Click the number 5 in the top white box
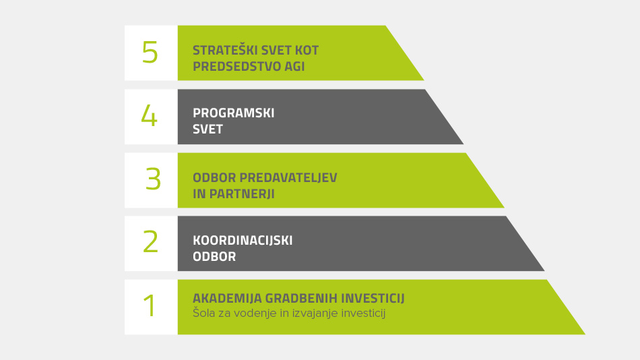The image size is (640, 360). [x=150, y=53]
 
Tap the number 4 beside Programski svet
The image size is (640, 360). [x=149, y=115]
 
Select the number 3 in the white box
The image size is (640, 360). [x=153, y=179]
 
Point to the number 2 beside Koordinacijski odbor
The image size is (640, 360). [x=150, y=241]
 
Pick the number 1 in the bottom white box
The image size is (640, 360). [x=150, y=305]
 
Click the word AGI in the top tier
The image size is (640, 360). [x=294, y=66]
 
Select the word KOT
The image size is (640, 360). [x=307, y=51]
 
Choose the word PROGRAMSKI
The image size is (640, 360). [x=234, y=113]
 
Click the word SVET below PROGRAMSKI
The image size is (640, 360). [x=207, y=129]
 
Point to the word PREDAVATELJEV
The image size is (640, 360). [x=288, y=178]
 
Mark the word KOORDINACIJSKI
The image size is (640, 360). [x=243, y=240]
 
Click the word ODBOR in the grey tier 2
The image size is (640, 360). [x=214, y=257]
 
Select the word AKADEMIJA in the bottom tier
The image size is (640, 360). [x=227, y=298]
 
